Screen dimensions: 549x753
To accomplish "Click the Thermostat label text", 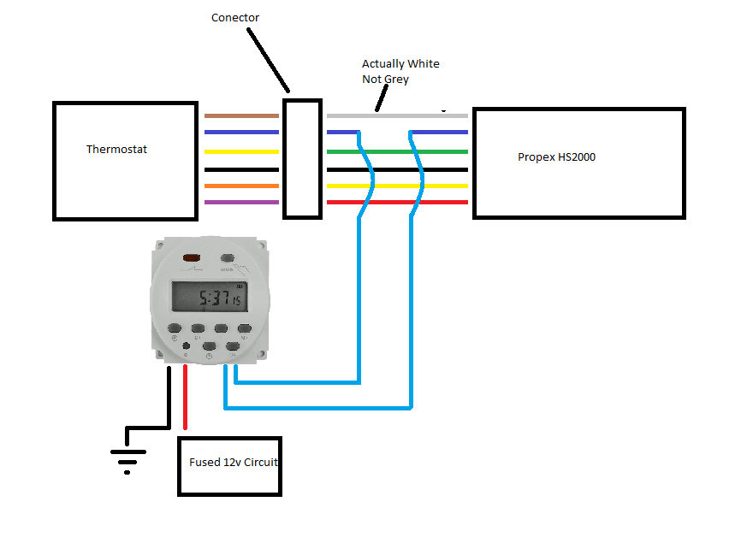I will pyautogui.click(x=116, y=150).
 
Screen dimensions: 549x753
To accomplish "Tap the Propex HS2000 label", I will pyautogui.click(x=556, y=157).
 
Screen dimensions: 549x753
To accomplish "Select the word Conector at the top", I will pyautogui.click(x=235, y=18).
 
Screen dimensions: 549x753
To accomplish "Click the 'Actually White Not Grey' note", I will pyautogui.click(x=400, y=72).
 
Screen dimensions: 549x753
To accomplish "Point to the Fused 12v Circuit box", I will pyautogui.click(x=229, y=465).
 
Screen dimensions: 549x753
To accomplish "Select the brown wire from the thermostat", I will pyautogui.click(x=241, y=115).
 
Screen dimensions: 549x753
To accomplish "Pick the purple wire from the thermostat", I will pyautogui.click(x=241, y=203).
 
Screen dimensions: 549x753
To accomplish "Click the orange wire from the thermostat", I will pyautogui.click(x=241, y=186).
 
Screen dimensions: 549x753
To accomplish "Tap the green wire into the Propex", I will pyautogui.click(x=445, y=151).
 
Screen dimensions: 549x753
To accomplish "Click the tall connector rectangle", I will pyautogui.click(x=302, y=158).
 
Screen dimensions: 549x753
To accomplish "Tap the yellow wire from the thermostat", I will pyautogui.click(x=241, y=151).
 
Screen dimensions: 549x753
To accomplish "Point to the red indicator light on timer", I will pyautogui.click(x=189, y=257).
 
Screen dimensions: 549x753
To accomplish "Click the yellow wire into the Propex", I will pyautogui.click(x=445, y=185).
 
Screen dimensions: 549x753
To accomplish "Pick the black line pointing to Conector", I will pyautogui.click(x=270, y=61).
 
